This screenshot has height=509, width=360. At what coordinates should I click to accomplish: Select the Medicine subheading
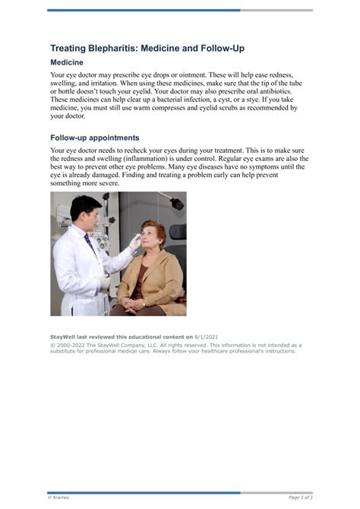[67, 62]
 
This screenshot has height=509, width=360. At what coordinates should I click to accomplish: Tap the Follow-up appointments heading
[94, 138]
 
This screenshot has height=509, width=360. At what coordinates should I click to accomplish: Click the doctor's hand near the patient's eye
[134, 242]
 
